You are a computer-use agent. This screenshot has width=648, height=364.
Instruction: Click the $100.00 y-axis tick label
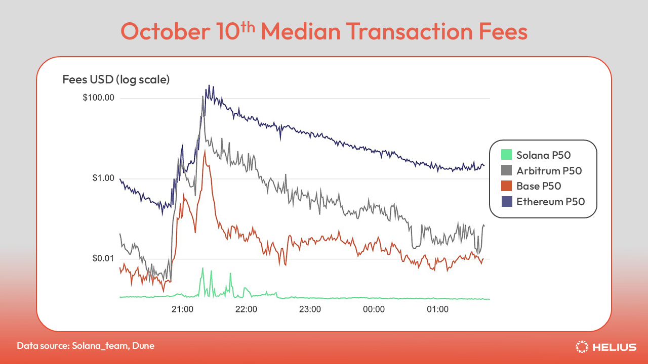(x=98, y=98)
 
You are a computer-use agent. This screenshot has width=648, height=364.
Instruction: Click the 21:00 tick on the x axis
(x=182, y=309)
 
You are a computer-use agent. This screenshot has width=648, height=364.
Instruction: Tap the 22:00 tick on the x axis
(x=246, y=309)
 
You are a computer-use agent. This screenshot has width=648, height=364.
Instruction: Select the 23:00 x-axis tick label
(x=310, y=309)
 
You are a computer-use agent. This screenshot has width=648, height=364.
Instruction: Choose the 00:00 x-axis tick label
(x=374, y=309)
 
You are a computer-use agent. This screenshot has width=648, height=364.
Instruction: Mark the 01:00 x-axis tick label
(x=437, y=309)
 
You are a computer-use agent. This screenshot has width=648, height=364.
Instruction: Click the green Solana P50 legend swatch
(x=506, y=155)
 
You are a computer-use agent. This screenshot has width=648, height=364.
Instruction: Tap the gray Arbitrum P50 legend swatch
(x=506, y=170)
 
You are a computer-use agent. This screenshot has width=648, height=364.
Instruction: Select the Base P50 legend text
(x=539, y=186)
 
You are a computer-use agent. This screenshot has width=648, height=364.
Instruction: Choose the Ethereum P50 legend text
(x=550, y=202)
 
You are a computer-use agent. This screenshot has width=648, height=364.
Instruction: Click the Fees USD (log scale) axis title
(x=116, y=79)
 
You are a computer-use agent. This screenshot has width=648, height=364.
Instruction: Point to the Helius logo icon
(x=582, y=346)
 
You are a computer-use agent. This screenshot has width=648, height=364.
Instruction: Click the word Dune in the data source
(x=144, y=346)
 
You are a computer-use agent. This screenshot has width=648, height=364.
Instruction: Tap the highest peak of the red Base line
(x=205, y=151)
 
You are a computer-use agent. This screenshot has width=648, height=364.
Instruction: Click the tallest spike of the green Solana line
(x=202, y=268)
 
